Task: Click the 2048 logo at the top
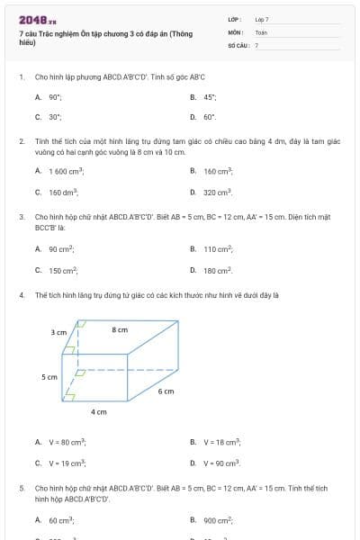point(31,18)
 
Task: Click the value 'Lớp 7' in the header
point(262,19)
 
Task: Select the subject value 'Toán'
point(261,31)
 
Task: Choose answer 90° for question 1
point(55,96)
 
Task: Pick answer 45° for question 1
point(210,96)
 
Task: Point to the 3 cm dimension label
point(59,332)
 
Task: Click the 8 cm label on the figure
point(120,330)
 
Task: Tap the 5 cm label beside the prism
point(49,377)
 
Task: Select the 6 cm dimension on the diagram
point(166,391)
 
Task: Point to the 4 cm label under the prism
point(99,411)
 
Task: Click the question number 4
point(22,294)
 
